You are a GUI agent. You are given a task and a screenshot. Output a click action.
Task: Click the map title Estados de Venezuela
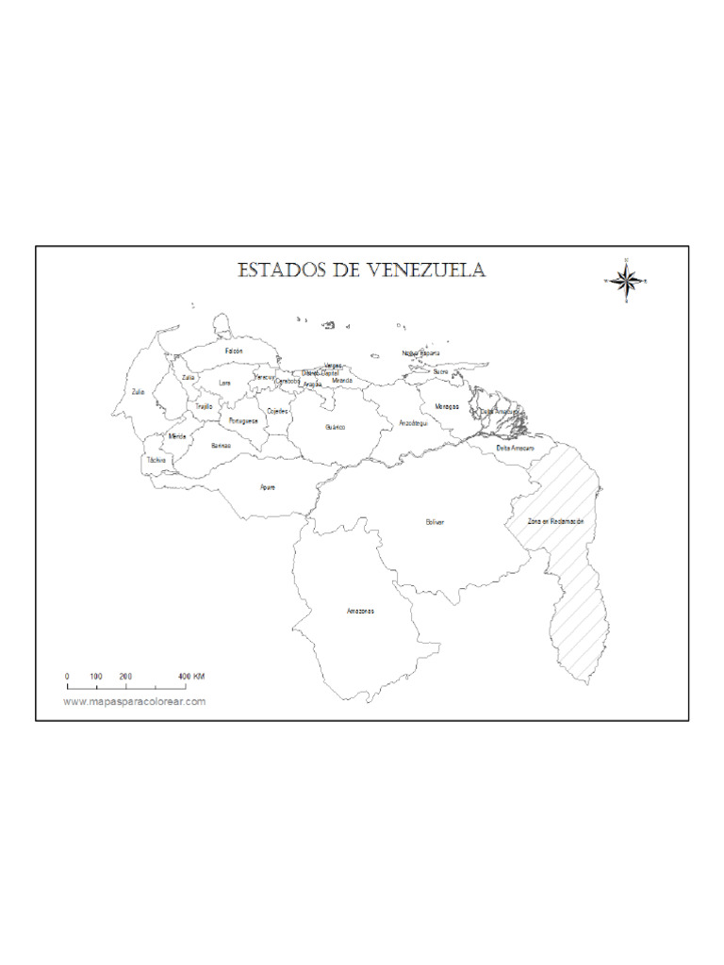tap(362, 271)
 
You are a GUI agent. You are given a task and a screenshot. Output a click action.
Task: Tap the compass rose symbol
tap(625, 280)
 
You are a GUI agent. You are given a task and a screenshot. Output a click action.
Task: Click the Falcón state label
tap(234, 351)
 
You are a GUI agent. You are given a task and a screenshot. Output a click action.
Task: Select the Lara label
tap(224, 383)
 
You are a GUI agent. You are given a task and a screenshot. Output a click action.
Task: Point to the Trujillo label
tap(204, 406)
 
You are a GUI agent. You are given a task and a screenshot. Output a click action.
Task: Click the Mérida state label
tap(177, 436)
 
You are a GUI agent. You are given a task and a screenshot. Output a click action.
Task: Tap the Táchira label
tap(156, 460)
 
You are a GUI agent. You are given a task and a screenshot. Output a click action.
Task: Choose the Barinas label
tap(221, 445)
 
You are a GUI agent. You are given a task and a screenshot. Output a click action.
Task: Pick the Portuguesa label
tap(243, 420)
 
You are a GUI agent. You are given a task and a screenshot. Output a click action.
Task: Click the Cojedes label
tap(277, 412)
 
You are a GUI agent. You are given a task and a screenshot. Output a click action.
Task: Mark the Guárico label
tap(335, 427)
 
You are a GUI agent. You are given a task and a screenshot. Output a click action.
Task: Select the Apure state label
tap(268, 487)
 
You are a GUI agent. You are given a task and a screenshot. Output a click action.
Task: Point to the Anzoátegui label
tap(414, 423)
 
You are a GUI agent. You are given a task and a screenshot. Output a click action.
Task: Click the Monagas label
tap(446, 406)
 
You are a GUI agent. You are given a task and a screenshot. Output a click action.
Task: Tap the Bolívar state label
tap(435, 521)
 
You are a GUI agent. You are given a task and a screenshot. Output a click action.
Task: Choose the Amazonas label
tap(360, 611)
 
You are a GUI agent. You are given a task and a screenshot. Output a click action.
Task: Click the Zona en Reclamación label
tap(556, 521)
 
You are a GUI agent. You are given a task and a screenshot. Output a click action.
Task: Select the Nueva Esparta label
tap(420, 353)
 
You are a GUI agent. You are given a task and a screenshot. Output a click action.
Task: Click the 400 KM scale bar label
tap(191, 677)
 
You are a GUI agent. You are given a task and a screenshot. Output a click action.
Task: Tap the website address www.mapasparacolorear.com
tap(135, 702)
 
